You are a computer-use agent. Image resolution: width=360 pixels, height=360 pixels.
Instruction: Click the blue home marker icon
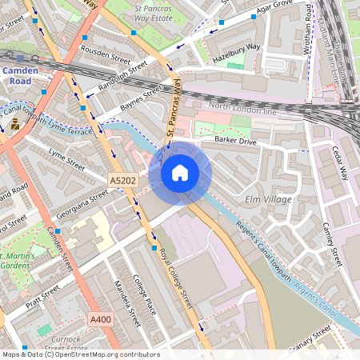click(180, 172)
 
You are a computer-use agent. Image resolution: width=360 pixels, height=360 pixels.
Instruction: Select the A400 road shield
click(101, 319)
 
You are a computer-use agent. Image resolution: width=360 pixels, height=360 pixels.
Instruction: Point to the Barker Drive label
click(235, 140)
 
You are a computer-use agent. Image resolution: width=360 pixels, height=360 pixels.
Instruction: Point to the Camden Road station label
click(16, 75)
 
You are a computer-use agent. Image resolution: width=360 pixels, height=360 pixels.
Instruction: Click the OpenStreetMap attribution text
click(81, 354)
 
